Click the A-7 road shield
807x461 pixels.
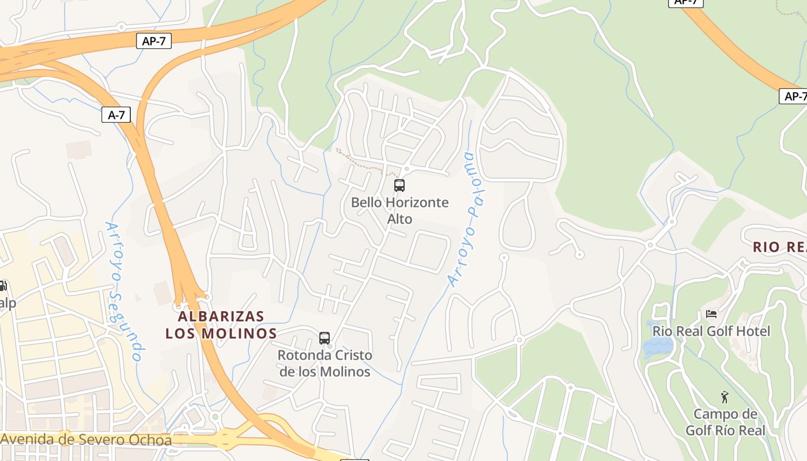coord(116,115)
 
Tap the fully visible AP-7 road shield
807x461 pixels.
coord(154,40)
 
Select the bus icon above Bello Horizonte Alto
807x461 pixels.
coord(399,186)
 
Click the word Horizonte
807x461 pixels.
coord(417,203)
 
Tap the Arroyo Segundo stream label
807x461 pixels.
coord(123,291)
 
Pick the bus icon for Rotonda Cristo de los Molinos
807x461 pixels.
coord(325,338)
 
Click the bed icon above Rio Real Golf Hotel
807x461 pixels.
coord(711,314)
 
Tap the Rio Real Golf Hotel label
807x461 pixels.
coord(711,331)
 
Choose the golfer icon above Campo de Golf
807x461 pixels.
coord(725,397)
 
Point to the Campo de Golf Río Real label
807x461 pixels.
coord(725,422)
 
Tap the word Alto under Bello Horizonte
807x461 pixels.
coord(399,219)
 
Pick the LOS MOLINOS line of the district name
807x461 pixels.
coord(221,334)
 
